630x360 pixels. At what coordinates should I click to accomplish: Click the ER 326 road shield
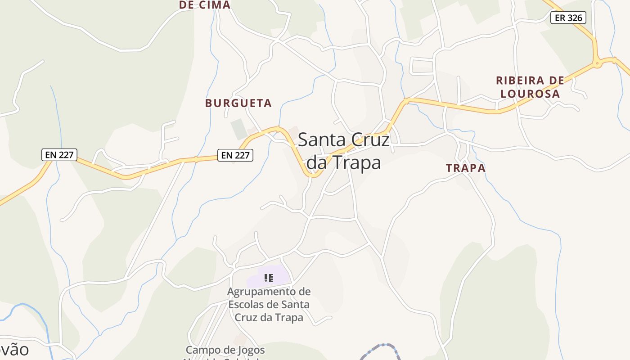click(x=568, y=18)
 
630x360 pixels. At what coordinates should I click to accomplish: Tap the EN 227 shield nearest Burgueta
click(x=235, y=155)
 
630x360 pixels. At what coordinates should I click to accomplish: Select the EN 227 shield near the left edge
click(x=59, y=155)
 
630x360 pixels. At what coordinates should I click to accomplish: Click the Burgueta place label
click(x=238, y=103)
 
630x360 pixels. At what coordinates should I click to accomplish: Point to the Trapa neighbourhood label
click(x=466, y=168)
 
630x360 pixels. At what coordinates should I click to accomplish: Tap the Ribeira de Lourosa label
click(x=530, y=87)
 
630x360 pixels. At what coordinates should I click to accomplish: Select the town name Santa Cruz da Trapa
click(x=343, y=151)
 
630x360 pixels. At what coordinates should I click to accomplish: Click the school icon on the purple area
click(x=269, y=278)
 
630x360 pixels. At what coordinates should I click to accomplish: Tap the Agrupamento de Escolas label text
click(x=269, y=304)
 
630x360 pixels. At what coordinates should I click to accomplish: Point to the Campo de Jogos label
click(x=225, y=350)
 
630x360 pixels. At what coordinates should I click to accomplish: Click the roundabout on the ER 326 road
click(x=598, y=63)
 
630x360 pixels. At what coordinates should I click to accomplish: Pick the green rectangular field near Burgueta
click(x=239, y=129)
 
